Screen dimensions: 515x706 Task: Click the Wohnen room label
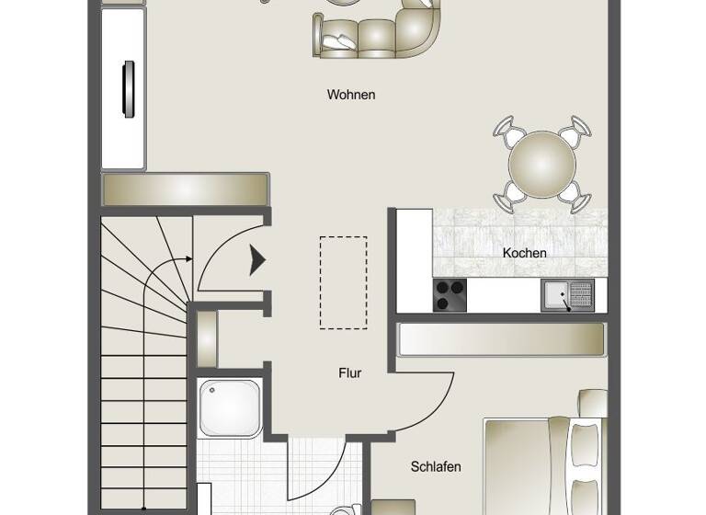point(350,95)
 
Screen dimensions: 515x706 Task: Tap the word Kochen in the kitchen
point(525,253)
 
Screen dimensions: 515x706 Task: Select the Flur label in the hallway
point(349,373)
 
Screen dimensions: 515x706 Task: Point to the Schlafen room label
point(436,467)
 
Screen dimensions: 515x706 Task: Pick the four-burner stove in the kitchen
point(450,296)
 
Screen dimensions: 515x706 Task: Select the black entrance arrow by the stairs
point(258,262)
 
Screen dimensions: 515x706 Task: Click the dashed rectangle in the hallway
point(343,282)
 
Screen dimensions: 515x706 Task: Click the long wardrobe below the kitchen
point(501,339)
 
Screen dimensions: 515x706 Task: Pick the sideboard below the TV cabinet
point(185,189)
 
